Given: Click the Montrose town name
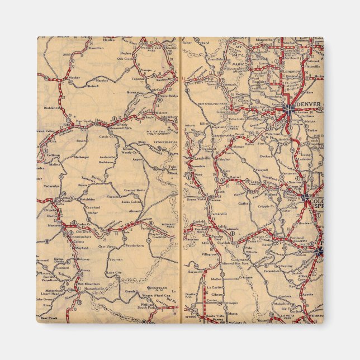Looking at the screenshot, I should (x=48, y=226).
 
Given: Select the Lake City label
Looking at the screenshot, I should (x=114, y=272).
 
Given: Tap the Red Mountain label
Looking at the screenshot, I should (x=88, y=283).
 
